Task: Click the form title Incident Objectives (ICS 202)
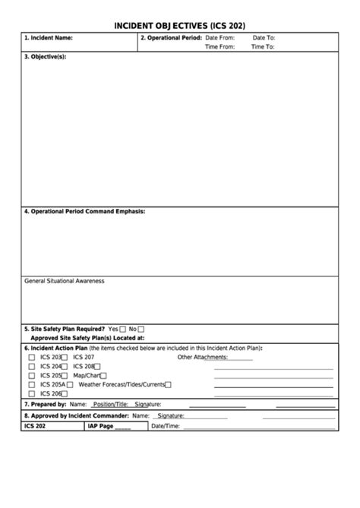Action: [179, 25]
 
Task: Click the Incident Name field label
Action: [49, 37]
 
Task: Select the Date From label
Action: [219, 37]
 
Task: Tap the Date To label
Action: [264, 37]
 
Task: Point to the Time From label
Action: [219, 46]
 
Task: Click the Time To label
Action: [263, 46]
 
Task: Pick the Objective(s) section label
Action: [46, 57]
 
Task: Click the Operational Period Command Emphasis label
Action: [84, 211]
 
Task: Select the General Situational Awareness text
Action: [65, 281]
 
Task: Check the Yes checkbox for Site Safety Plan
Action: [122, 329]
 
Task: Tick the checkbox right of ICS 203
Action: [65, 357]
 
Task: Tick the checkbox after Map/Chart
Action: [103, 375]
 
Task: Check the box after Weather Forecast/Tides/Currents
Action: [169, 384]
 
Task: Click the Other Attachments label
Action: [203, 357]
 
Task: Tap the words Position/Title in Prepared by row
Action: [112, 405]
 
